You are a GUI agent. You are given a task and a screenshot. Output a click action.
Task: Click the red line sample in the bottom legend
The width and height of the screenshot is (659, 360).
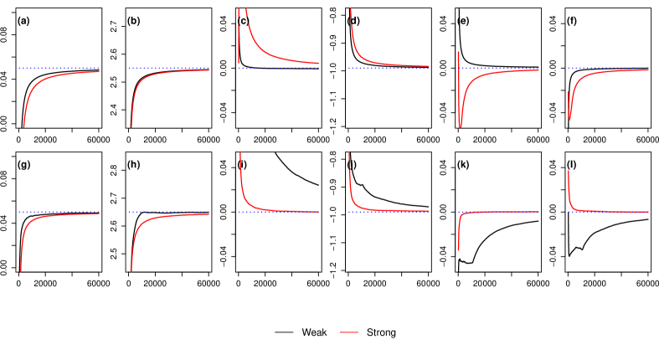coord(348,332)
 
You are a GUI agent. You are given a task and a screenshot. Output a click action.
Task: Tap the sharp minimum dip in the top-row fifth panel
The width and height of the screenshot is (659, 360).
coord(460,126)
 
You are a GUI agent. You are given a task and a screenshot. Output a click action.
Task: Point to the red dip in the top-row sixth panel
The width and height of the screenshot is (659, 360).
coord(569,118)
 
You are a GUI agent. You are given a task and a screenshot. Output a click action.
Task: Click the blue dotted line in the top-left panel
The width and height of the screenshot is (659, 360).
coord(59,69)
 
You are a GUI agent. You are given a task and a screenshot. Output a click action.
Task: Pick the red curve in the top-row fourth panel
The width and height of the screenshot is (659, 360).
coord(368,58)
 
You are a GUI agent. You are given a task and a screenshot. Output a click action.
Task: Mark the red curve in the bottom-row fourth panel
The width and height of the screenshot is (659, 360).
coord(360,203)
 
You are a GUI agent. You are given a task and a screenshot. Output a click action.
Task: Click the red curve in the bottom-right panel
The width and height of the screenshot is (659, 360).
coord(578,208)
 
